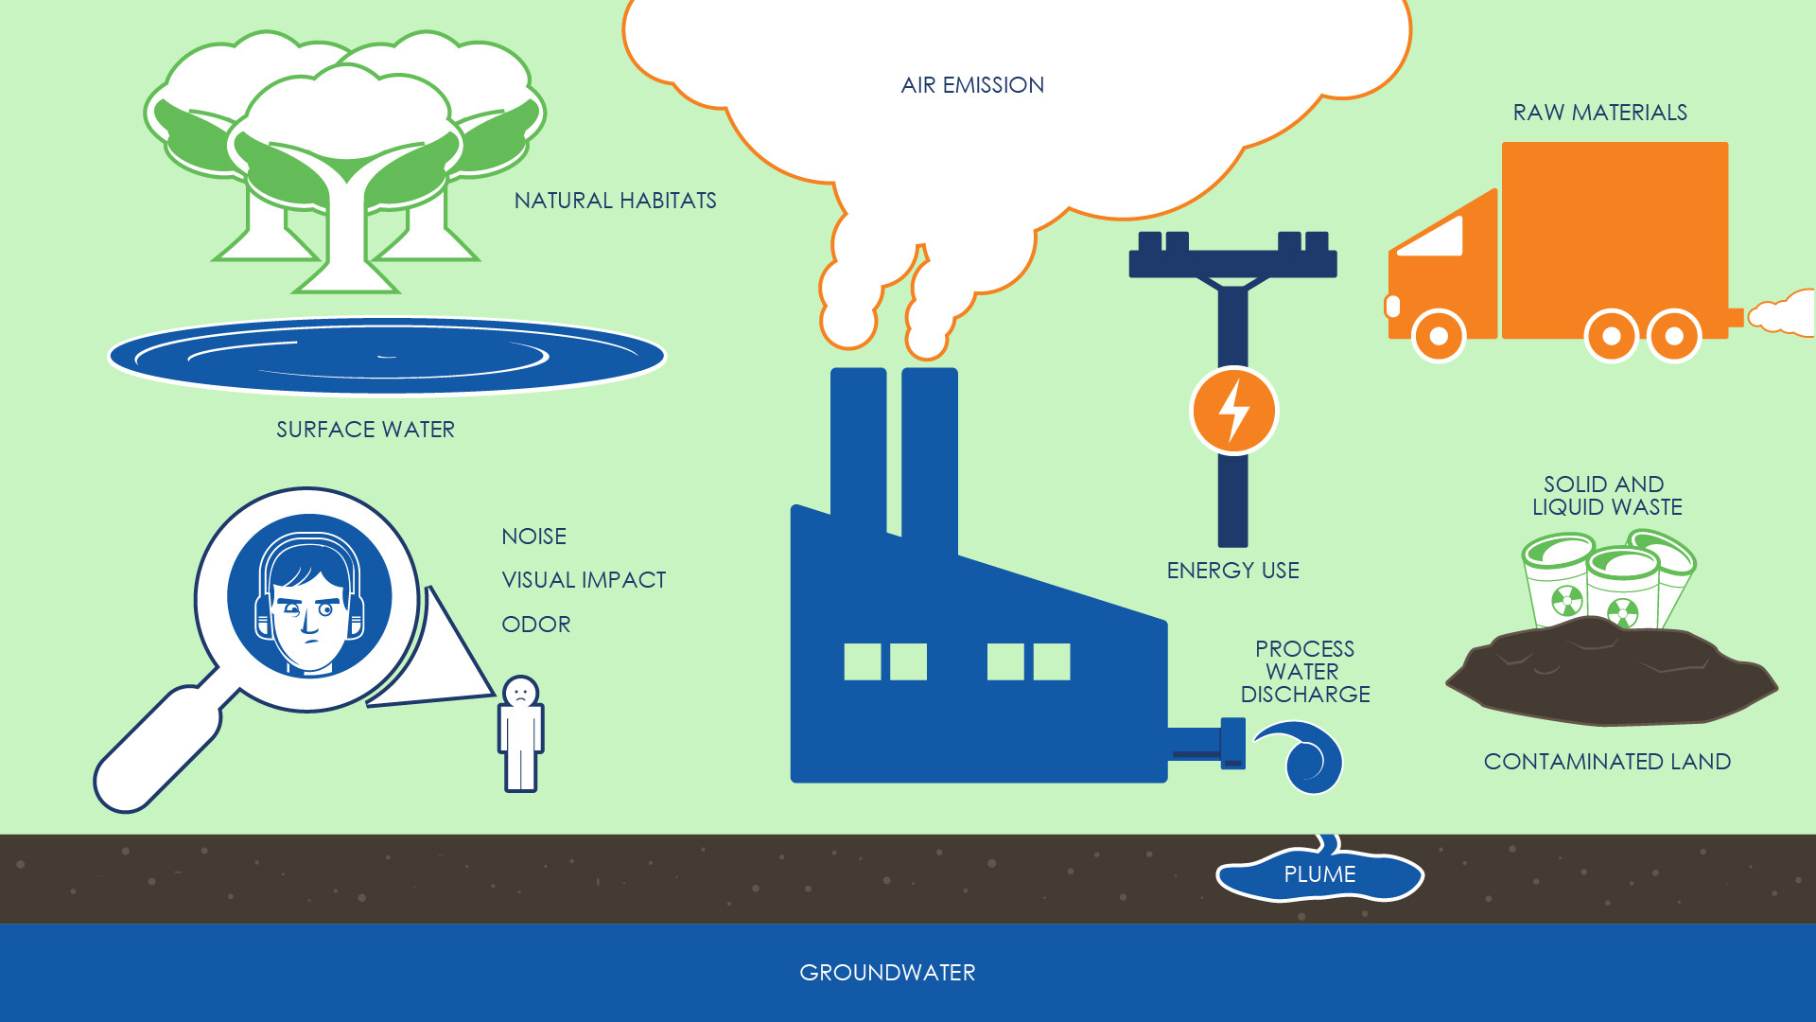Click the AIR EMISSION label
(972, 85)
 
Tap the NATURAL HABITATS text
(615, 201)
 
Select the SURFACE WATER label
(365, 430)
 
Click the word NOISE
(534, 537)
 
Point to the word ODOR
(536, 625)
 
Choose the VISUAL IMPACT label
(584, 580)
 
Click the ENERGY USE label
(1232, 571)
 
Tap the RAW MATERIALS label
(1599, 113)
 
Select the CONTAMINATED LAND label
(1607, 762)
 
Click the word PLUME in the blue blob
(1319, 874)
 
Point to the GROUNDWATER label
(887, 973)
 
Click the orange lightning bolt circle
(1233, 411)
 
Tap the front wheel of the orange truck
(1439, 336)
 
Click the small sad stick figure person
(520, 734)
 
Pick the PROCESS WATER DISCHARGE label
(1304, 672)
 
